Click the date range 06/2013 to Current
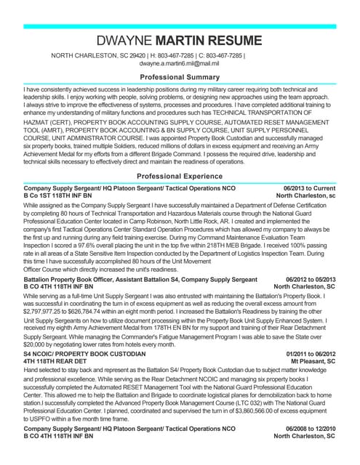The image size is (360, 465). pos(311,188)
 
